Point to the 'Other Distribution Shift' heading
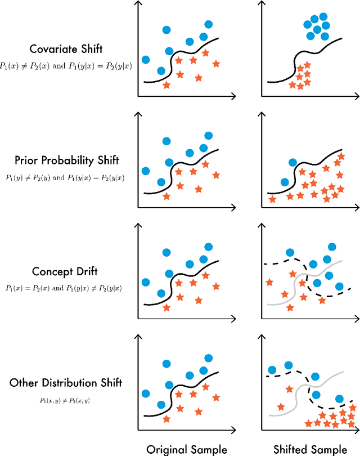65,383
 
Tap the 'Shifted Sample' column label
310,449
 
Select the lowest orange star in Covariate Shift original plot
166,86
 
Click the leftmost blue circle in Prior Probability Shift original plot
146,171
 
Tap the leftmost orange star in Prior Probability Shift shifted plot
273,199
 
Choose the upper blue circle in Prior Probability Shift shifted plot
292,163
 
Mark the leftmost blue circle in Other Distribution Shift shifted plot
272,370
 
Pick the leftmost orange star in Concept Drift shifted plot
269,281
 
